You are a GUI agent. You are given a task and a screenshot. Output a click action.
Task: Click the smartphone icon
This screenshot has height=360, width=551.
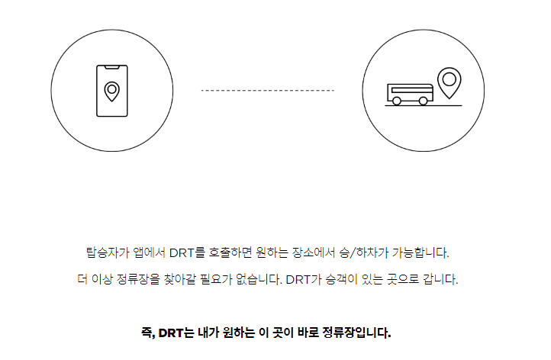pyautogui.click(x=111, y=91)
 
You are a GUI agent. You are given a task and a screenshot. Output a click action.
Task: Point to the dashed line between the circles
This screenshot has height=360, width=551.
pyautogui.click(x=267, y=91)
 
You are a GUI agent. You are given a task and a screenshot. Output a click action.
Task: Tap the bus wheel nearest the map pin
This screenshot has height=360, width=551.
pyautogui.click(x=423, y=100)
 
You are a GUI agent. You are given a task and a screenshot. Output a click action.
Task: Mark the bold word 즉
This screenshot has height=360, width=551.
pyautogui.click(x=147, y=333)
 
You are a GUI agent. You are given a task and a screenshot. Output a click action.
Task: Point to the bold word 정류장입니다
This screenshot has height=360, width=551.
pyautogui.click(x=360, y=333)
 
